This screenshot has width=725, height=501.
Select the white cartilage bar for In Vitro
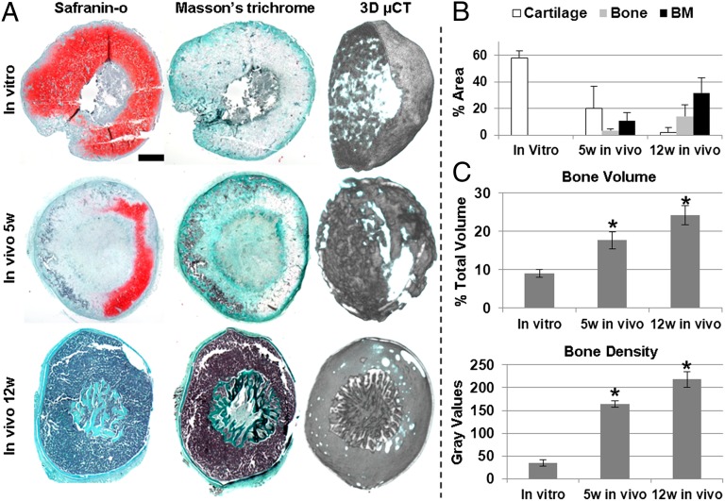[518, 96]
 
